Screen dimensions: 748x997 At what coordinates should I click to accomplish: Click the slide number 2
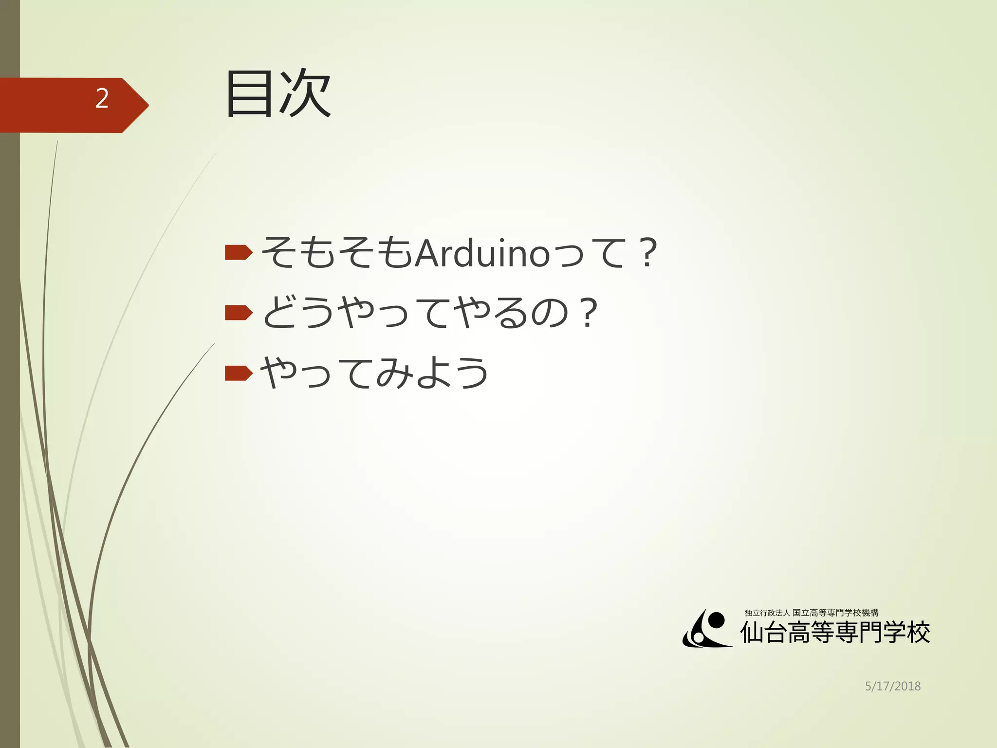tap(102, 99)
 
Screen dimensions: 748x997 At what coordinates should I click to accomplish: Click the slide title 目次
tap(278, 94)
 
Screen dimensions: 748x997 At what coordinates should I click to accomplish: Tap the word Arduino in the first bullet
tap(482, 253)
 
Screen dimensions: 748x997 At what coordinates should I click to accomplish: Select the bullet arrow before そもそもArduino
tap(239, 252)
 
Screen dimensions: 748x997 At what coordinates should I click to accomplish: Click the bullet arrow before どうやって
tap(239, 313)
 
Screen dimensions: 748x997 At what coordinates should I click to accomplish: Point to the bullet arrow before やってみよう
tap(239, 374)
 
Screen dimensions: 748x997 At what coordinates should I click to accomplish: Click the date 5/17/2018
tap(893, 686)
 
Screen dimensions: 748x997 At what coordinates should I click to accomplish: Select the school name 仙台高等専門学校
tap(835, 633)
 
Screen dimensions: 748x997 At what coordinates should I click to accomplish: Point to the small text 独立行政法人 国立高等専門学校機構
tap(812, 613)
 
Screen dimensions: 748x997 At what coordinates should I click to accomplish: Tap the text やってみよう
tap(374, 374)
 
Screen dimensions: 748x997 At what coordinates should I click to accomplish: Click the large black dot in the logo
tap(715, 620)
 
